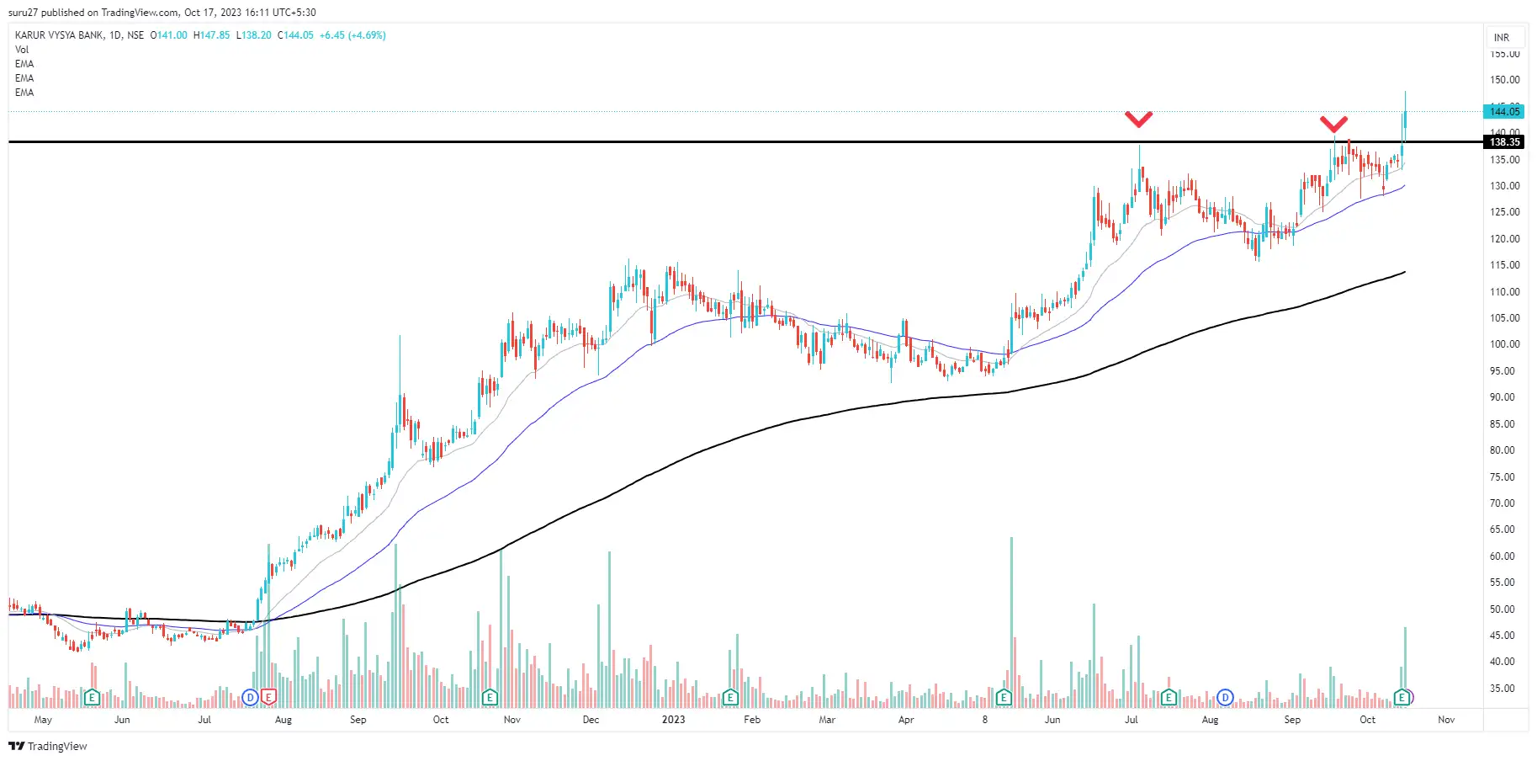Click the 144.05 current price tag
tap(1504, 111)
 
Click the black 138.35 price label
tap(1504, 142)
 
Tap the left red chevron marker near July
tap(1138, 120)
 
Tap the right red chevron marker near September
tap(1333, 125)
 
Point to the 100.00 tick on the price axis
tap(1504, 344)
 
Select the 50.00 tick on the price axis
tap(1504, 609)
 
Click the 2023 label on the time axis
tap(673, 720)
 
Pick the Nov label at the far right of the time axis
tap(1446, 720)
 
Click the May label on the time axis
tap(43, 720)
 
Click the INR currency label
tap(1502, 38)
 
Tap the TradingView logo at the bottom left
tap(48, 746)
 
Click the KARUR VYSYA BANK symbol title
tap(59, 35)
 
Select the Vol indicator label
tap(22, 50)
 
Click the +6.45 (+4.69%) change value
tap(352, 35)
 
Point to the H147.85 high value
tap(211, 35)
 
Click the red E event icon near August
tap(268, 697)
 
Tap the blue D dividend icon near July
tap(250, 697)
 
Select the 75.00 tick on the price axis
tap(1504, 476)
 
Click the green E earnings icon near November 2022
tap(490, 697)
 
